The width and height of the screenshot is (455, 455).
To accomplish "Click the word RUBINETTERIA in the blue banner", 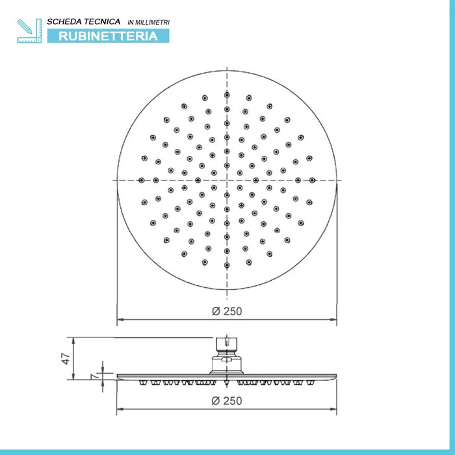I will point(109,36).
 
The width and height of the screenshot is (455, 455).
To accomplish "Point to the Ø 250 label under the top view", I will point(227,311).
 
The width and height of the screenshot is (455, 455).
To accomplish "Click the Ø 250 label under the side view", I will point(227,401).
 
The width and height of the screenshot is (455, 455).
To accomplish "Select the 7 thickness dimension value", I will point(96,376).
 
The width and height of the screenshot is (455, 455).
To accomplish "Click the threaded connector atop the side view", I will point(226,344).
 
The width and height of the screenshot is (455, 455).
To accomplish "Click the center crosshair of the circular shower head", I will point(227,180).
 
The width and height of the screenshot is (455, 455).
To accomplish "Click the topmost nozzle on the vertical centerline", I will point(227,96).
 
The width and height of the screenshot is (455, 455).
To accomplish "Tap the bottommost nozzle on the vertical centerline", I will point(227,265).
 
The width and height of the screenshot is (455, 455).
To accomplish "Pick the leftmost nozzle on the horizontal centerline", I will point(142,180).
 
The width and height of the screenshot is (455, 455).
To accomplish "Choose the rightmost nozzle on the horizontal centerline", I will point(312,180).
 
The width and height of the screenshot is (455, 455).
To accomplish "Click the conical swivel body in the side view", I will point(226,363).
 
